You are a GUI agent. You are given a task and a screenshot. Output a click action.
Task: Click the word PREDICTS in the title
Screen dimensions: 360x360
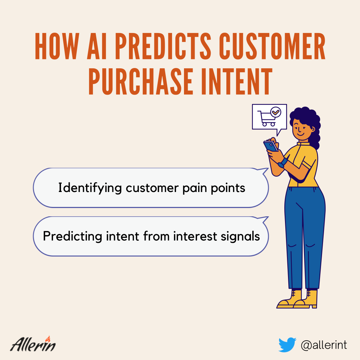163,46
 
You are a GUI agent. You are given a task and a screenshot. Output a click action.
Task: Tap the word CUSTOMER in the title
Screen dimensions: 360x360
272,46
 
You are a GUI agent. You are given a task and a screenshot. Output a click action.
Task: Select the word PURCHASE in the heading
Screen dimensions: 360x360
141,81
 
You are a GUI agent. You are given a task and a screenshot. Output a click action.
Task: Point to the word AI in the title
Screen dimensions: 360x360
97,46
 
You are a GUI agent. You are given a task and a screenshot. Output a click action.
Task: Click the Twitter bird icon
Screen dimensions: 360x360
287,345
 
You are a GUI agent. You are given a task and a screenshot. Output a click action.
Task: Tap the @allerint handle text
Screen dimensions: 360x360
324,345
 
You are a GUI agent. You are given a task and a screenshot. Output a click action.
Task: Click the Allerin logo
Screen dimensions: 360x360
33,344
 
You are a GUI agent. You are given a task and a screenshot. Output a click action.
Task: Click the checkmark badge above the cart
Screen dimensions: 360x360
276,112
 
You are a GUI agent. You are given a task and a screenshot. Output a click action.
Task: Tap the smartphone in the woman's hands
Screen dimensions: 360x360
271,146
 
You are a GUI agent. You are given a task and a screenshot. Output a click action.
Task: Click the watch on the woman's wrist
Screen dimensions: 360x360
283,163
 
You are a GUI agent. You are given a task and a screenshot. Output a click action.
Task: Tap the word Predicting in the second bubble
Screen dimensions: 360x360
73,236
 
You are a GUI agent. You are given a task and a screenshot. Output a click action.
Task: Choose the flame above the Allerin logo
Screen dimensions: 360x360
48,339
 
